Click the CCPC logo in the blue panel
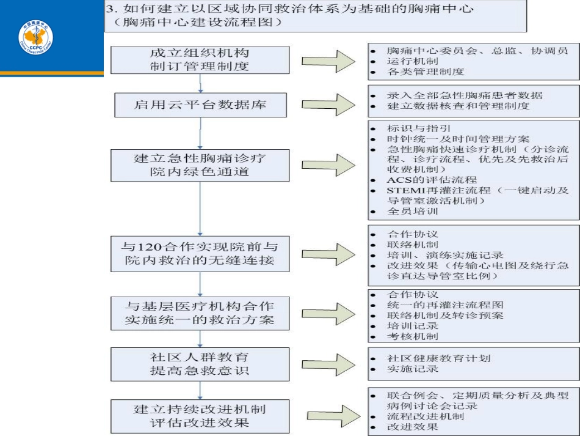coord(36,37)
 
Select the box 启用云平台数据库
coord(200,105)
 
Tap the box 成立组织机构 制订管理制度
coord(200,60)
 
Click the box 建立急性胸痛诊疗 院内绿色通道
coord(200,165)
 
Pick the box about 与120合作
coord(200,254)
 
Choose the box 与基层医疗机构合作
coord(200,313)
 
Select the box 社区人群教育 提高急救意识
coord(200,364)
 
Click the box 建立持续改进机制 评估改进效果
coord(200,416)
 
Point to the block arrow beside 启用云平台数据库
coord(328,105)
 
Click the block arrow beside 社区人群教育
coord(328,364)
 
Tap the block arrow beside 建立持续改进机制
coord(334,416)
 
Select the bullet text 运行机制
coord(413,61)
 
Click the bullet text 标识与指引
coord(419,128)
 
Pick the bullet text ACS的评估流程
coord(432,180)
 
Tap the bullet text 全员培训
coord(413,211)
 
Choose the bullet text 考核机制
coord(413,336)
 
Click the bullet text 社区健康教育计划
coord(439,358)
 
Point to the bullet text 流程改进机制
coord(426,416)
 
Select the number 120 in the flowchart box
coord(149,246)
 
